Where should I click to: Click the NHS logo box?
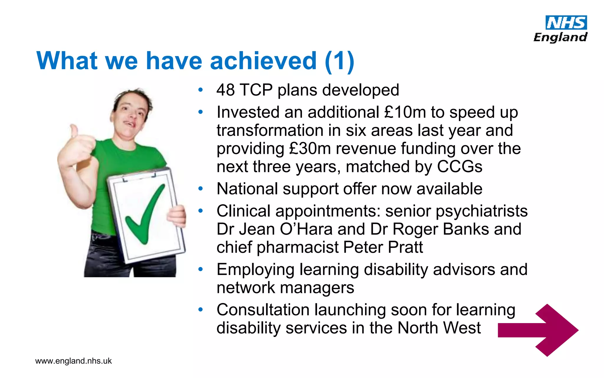click(x=566, y=23)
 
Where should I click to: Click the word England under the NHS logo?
click(x=560, y=38)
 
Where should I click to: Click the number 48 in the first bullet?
click(x=226, y=90)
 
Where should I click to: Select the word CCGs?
click(x=459, y=167)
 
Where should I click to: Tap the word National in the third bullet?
click(x=247, y=189)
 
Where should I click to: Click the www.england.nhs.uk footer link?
click(x=73, y=361)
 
